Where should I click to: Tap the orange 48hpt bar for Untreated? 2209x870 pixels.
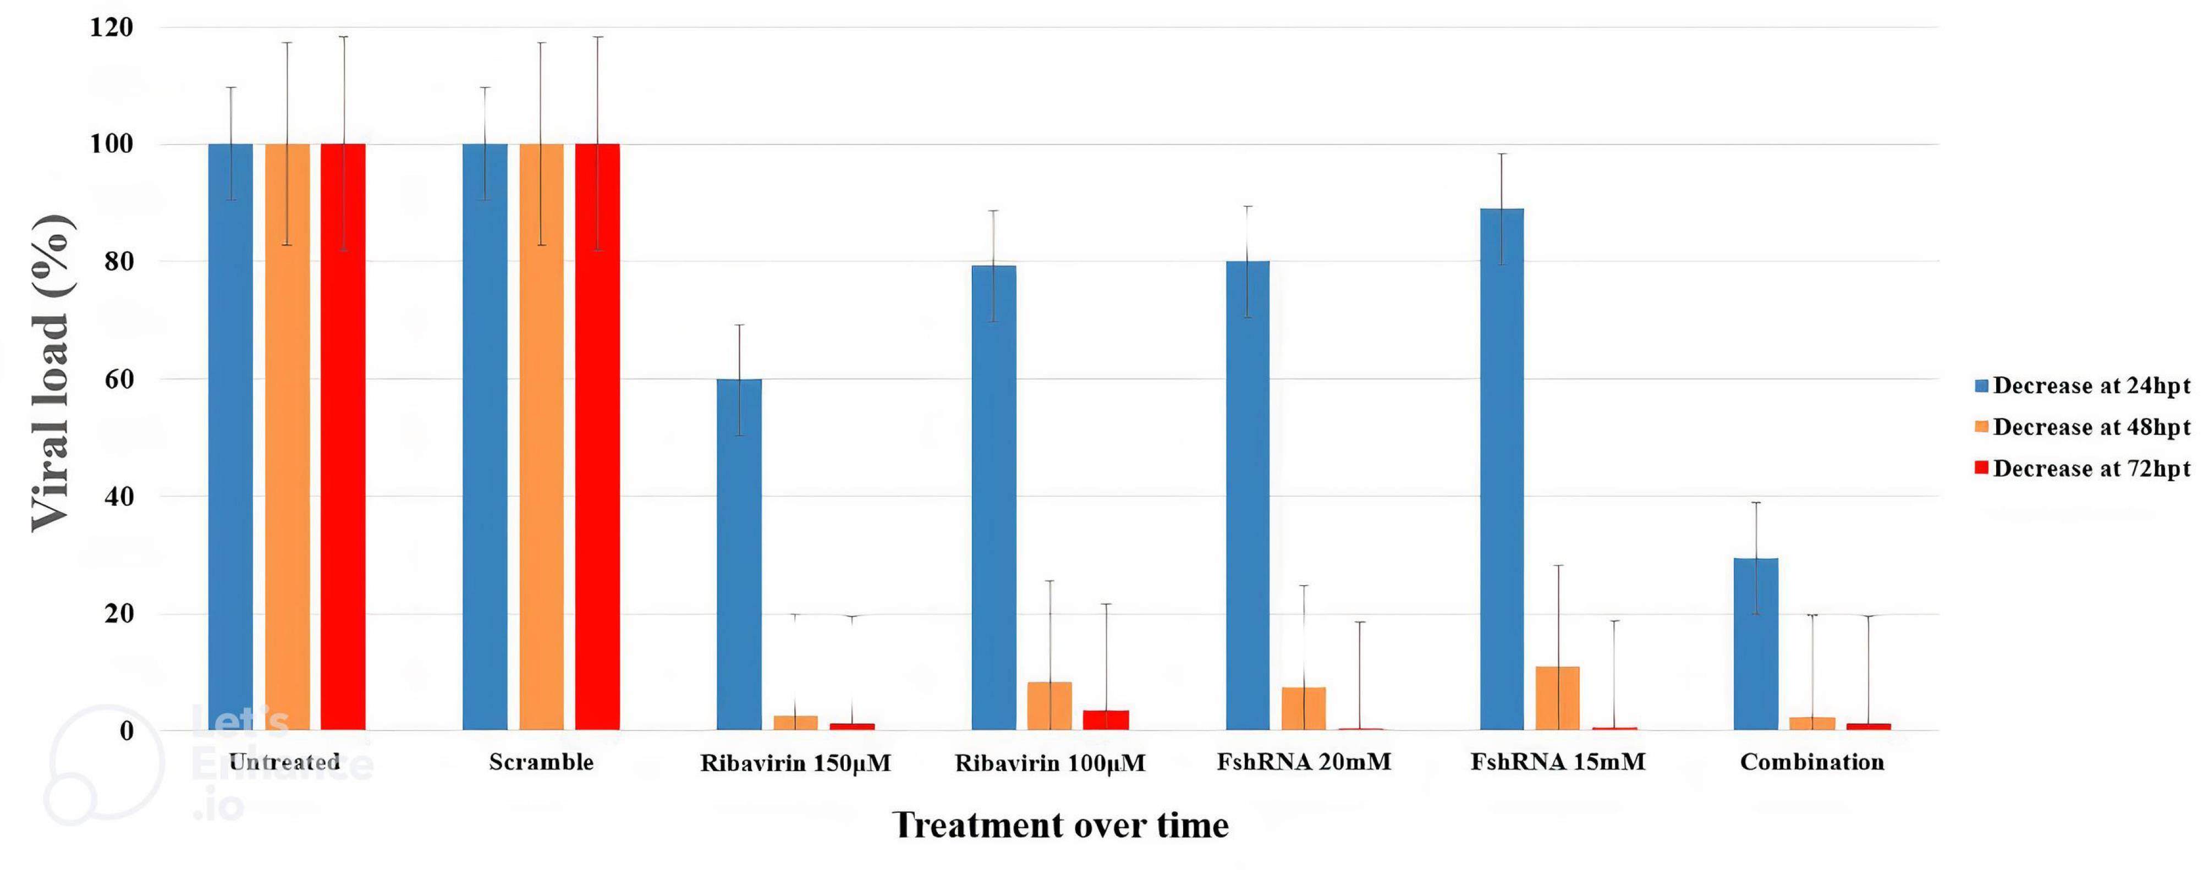[x=287, y=437]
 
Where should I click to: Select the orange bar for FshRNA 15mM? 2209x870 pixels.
[x=1557, y=698]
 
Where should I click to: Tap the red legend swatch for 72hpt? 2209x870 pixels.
[x=1981, y=468]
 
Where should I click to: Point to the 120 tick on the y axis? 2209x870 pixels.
[x=112, y=27]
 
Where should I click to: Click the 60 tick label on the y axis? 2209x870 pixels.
[x=118, y=379]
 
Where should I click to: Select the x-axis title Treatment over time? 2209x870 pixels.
[x=1060, y=824]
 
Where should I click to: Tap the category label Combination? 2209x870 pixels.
[x=1812, y=762]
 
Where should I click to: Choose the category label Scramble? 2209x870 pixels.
[x=541, y=762]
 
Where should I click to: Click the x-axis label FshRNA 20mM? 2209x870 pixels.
[x=1304, y=762]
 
